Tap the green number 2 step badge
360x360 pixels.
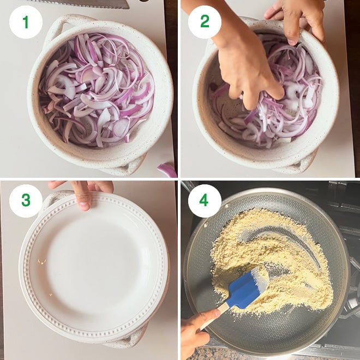tap(205, 22)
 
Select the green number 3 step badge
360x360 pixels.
tap(25, 200)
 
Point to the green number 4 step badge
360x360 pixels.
tap(205, 200)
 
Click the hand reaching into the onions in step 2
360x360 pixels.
tap(245, 71)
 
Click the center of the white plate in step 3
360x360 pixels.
tap(93, 267)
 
